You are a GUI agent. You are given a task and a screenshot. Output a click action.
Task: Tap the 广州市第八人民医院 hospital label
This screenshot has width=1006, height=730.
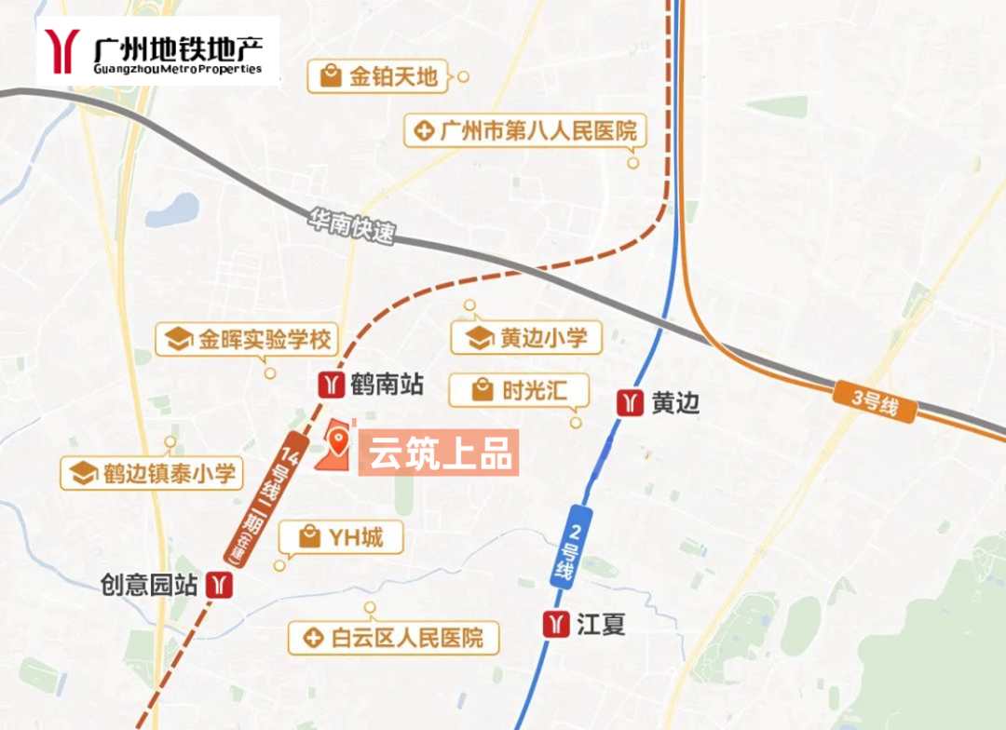pyautogui.click(x=525, y=130)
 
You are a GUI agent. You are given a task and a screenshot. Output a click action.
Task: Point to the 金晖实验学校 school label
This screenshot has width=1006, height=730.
pyautogui.click(x=248, y=339)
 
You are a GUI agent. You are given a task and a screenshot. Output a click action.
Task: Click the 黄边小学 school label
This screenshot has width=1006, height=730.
pyautogui.click(x=526, y=337)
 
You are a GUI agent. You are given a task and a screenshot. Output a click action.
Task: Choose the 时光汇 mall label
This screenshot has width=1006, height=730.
pyautogui.click(x=520, y=389)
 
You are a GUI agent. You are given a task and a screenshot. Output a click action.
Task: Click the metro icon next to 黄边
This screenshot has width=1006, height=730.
pyautogui.click(x=631, y=403)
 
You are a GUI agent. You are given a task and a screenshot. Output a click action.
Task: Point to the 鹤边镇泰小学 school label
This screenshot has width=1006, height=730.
pyautogui.click(x=151, y=472)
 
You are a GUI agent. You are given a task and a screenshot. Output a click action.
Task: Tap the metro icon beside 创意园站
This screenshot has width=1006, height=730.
pyautogui.click(x=221, y=584)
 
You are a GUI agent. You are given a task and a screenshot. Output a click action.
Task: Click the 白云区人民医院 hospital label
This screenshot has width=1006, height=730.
pyautogui.click(x=393, y=638)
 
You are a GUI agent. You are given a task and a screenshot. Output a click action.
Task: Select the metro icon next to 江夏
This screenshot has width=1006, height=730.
pyautogui.click(x=557, y=624)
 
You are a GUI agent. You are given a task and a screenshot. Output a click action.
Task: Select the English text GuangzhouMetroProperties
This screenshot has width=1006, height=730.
pyautogui.click(x=178, y=68)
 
